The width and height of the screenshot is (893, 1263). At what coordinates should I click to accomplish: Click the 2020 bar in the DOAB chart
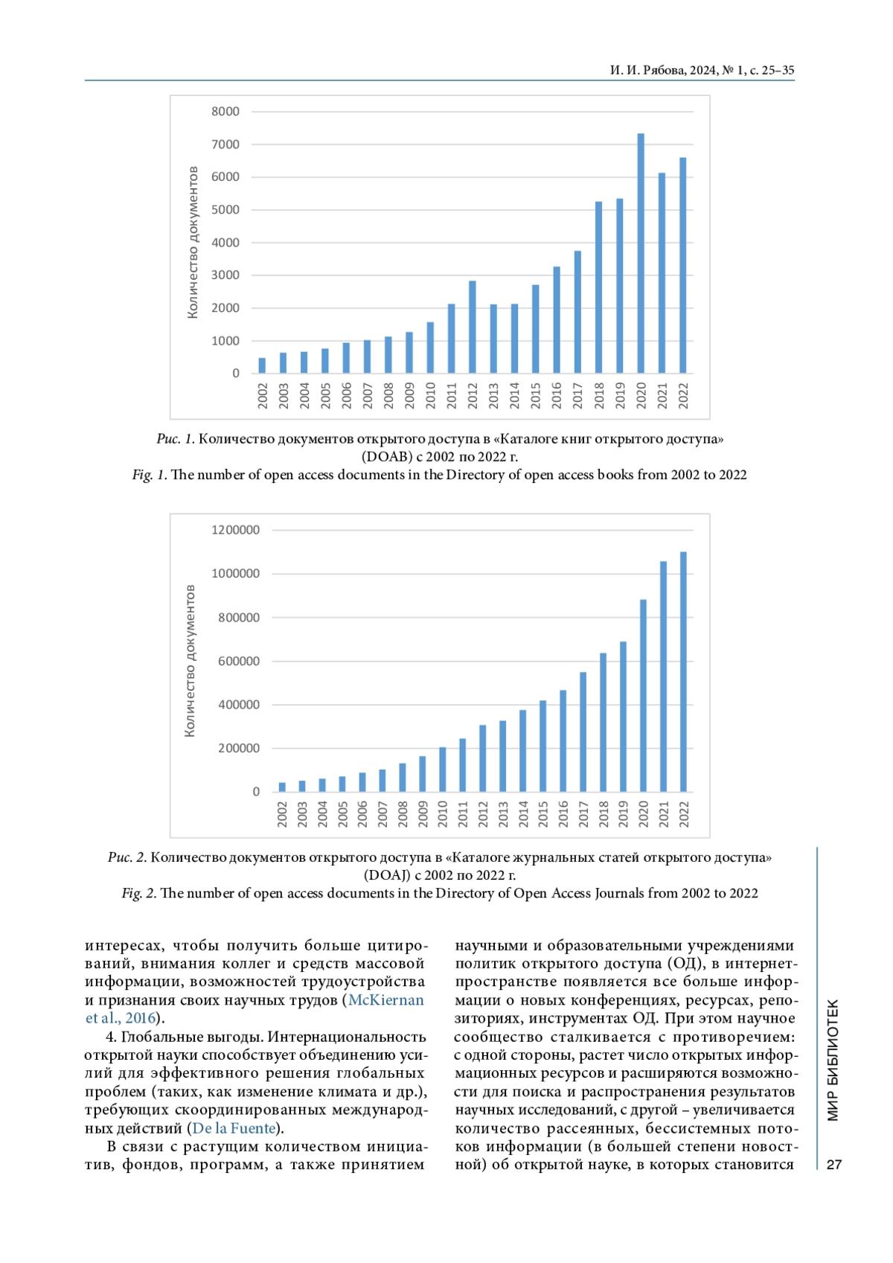click(641, 253)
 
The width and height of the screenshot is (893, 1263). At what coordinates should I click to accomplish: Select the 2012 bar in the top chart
click(473, 327)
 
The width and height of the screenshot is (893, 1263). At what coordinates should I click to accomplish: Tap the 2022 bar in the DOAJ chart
click(683, 671)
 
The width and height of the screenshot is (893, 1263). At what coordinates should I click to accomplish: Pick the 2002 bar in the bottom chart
click(282, 787)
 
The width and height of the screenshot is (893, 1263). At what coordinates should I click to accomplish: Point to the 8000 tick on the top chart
click(225, 112)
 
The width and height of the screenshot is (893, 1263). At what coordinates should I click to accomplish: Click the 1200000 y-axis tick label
click(236, 530)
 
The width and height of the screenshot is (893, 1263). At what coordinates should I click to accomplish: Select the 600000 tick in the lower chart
click(239, 661)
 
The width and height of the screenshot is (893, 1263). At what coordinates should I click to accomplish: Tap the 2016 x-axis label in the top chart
click(557, 395)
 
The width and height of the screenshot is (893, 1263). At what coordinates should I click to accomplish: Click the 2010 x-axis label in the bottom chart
click(443, 813)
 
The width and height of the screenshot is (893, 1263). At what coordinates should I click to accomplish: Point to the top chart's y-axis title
click(193, 243)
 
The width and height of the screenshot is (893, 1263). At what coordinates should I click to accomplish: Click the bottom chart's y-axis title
click(190, 661)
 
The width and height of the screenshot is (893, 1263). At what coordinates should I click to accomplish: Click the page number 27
click(834, 1165)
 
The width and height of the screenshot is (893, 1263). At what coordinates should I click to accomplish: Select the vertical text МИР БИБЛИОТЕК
click(833, 1060)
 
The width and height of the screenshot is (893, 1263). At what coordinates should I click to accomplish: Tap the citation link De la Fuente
click(234, 1128)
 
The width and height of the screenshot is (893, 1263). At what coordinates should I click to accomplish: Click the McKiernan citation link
click(385, 1000)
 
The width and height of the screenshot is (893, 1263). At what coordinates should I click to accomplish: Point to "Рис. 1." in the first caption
click(176, 439)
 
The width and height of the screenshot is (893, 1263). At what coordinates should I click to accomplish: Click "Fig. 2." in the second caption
click(139, 893)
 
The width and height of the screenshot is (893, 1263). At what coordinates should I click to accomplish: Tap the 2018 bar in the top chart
click(598, 287)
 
